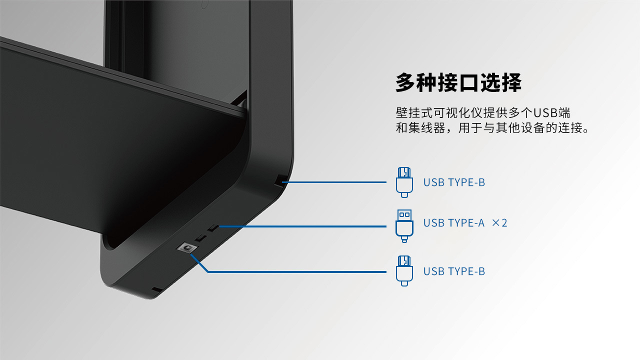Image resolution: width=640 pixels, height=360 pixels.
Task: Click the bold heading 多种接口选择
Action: (x=458, y=82)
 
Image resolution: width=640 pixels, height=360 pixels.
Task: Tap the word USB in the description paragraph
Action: (x=545, y=113)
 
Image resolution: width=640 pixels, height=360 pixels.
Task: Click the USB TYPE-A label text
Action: (x=454, y=223)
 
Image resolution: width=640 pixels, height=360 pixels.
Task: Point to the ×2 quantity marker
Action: (x=499, y=223)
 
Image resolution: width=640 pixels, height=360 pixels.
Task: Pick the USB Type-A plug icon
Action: (x=404, y=226)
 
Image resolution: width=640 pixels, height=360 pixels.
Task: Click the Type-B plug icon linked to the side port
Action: (x=404, y=182)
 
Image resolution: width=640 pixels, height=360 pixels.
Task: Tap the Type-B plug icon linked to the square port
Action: (x=404, y=271)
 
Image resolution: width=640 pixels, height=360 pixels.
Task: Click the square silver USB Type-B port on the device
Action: (x=187, y=248)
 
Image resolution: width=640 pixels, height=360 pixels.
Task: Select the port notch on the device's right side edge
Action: (x=279, y=181)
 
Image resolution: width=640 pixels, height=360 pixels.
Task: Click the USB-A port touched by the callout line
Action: (x=213, y=228)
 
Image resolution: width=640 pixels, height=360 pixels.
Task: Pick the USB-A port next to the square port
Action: (x=201, y=238)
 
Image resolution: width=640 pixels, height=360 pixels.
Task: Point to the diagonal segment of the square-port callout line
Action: (x=199, y=263)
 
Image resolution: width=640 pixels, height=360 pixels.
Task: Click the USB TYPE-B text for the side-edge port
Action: (x=454, y=182)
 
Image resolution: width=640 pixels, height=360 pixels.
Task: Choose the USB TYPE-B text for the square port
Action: (x=454, y=271)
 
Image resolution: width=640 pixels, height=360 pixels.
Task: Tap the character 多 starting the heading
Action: (x=405, y=82)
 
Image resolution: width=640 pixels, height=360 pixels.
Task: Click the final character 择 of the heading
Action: (x=511, y=82)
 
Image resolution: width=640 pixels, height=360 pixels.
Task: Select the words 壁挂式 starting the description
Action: (x=414, y=113)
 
